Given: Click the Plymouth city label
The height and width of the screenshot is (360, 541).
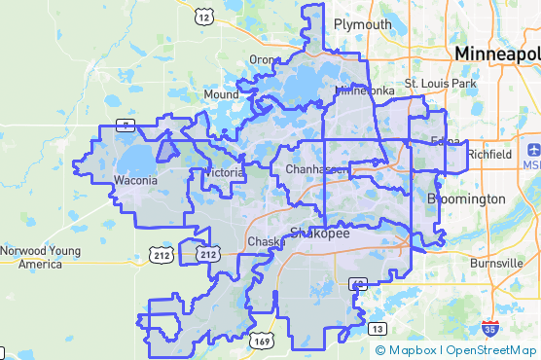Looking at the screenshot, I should point(362,24).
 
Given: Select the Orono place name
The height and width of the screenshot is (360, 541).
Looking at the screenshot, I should point(263,59).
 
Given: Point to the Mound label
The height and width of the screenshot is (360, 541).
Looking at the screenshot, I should point(221,94).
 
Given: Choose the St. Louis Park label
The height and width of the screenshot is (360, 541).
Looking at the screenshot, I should point(441,84).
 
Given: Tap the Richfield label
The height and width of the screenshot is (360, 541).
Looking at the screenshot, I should point(488,155).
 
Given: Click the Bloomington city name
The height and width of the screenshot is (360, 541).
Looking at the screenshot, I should point(466,198).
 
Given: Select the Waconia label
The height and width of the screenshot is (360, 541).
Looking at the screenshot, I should point(135,181).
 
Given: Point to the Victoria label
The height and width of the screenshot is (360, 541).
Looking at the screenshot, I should point(223,173).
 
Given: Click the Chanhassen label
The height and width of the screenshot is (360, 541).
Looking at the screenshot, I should point(316,170).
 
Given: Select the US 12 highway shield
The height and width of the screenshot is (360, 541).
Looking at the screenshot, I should point(203,16).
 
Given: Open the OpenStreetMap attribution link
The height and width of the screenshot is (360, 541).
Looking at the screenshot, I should point(489,350).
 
